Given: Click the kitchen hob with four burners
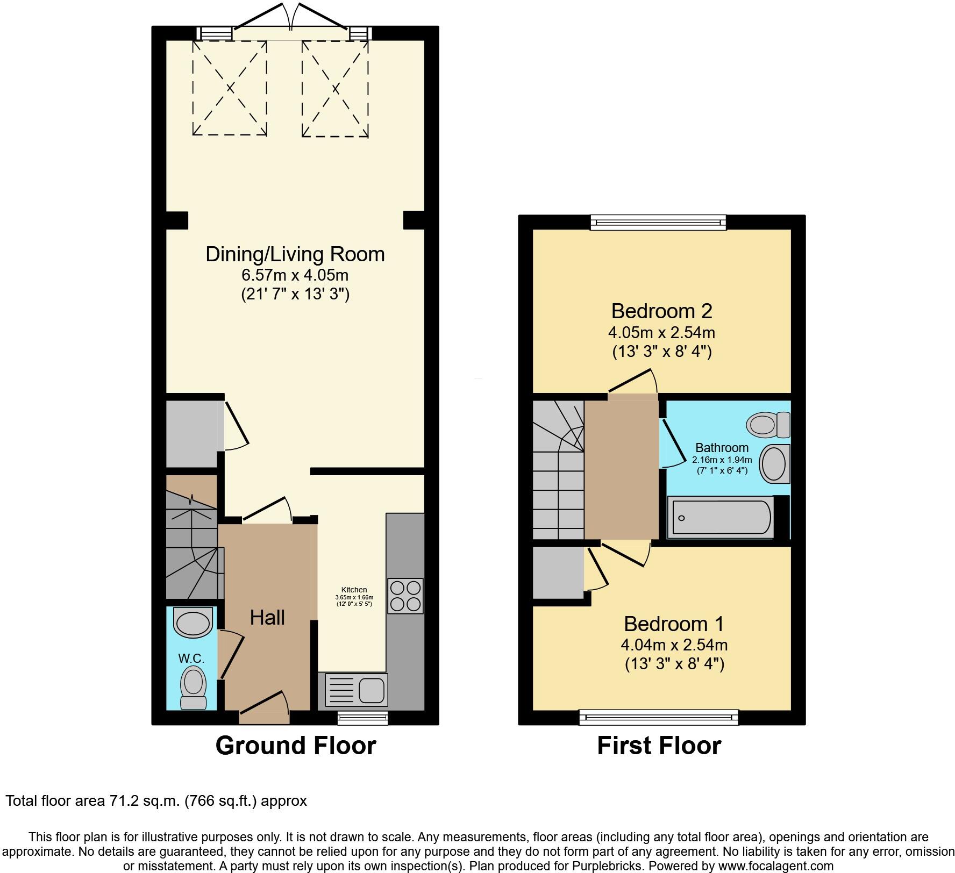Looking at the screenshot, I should pyautogui.click(x=405, y=596).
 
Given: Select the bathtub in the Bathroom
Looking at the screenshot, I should pyautogui.click(x=721, y=518).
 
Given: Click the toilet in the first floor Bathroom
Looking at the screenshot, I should pyautogui.click(x=768, y=425).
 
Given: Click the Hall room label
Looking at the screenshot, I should pyautogui.click(x=267, y=618).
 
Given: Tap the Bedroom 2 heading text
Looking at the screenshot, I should pyautogui.click(x=661, y=311).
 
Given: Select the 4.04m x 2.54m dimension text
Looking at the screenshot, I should pyautogui.click(x=674, y=645).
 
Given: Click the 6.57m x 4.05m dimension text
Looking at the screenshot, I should pyautogui.click(x=295, y=275).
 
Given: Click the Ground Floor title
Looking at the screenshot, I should pyautogui.click(x=295, y=746).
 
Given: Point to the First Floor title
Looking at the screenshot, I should pyautogui.click(x=659, y=746).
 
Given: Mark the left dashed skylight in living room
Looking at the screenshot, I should pyautogui.click(x=230, y=88).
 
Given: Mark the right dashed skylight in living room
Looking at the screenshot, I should pyautogui.click(x=335, y=88).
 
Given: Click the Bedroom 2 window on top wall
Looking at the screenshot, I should pyautogui.click(x=658, y=222).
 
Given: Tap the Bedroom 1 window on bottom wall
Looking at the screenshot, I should pyautogui.click(x=658, y=717).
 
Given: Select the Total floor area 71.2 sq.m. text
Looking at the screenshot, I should pyautogui.click(x=156, y=801).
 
